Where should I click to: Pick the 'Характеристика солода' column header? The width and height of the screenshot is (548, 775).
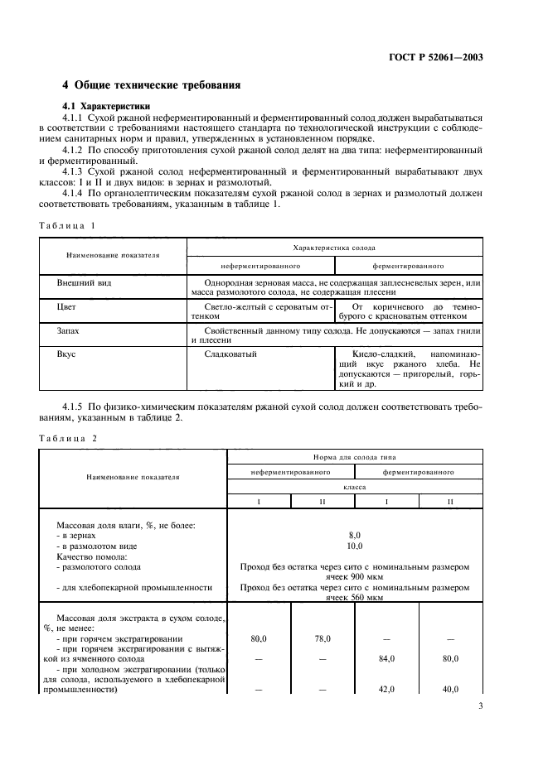point(334,248)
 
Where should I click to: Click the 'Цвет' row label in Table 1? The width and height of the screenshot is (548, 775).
point(66,306)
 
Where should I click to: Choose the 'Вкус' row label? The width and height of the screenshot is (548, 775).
point(66,354)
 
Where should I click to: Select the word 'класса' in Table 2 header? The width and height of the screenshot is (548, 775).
point(354,488)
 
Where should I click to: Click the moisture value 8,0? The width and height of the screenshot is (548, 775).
point(354,536)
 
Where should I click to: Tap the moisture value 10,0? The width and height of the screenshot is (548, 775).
point(354,546)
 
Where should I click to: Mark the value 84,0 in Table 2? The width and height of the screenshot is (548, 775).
point(387,659)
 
